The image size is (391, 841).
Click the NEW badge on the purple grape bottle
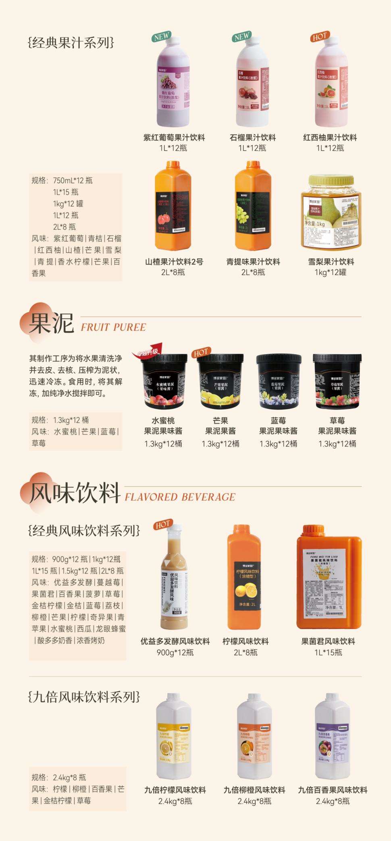(x=161, y=36)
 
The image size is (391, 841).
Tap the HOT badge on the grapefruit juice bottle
(x=319, y=36)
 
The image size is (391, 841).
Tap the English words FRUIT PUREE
(x=113, y=327)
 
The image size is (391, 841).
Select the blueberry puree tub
(x=279, y=381)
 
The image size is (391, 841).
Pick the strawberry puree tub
(x=337, y=381)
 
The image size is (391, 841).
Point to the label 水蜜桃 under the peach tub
(x=163, y=421)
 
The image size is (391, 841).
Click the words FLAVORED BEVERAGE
(x=180, y=497)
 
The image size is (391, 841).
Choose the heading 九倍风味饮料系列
(x=84, y=697)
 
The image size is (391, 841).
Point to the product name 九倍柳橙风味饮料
(x=254, y=790)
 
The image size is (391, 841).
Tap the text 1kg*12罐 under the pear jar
(x=331, y=272)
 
